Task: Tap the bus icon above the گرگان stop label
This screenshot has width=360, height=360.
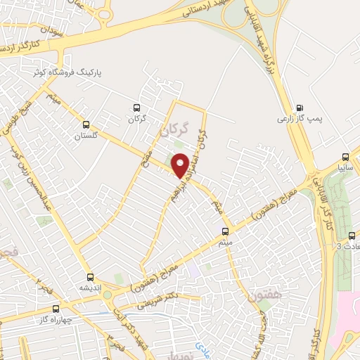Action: coord(136,108)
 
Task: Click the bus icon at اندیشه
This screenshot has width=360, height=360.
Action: coord(89,277)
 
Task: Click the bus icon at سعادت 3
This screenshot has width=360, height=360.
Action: coord(352,236)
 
